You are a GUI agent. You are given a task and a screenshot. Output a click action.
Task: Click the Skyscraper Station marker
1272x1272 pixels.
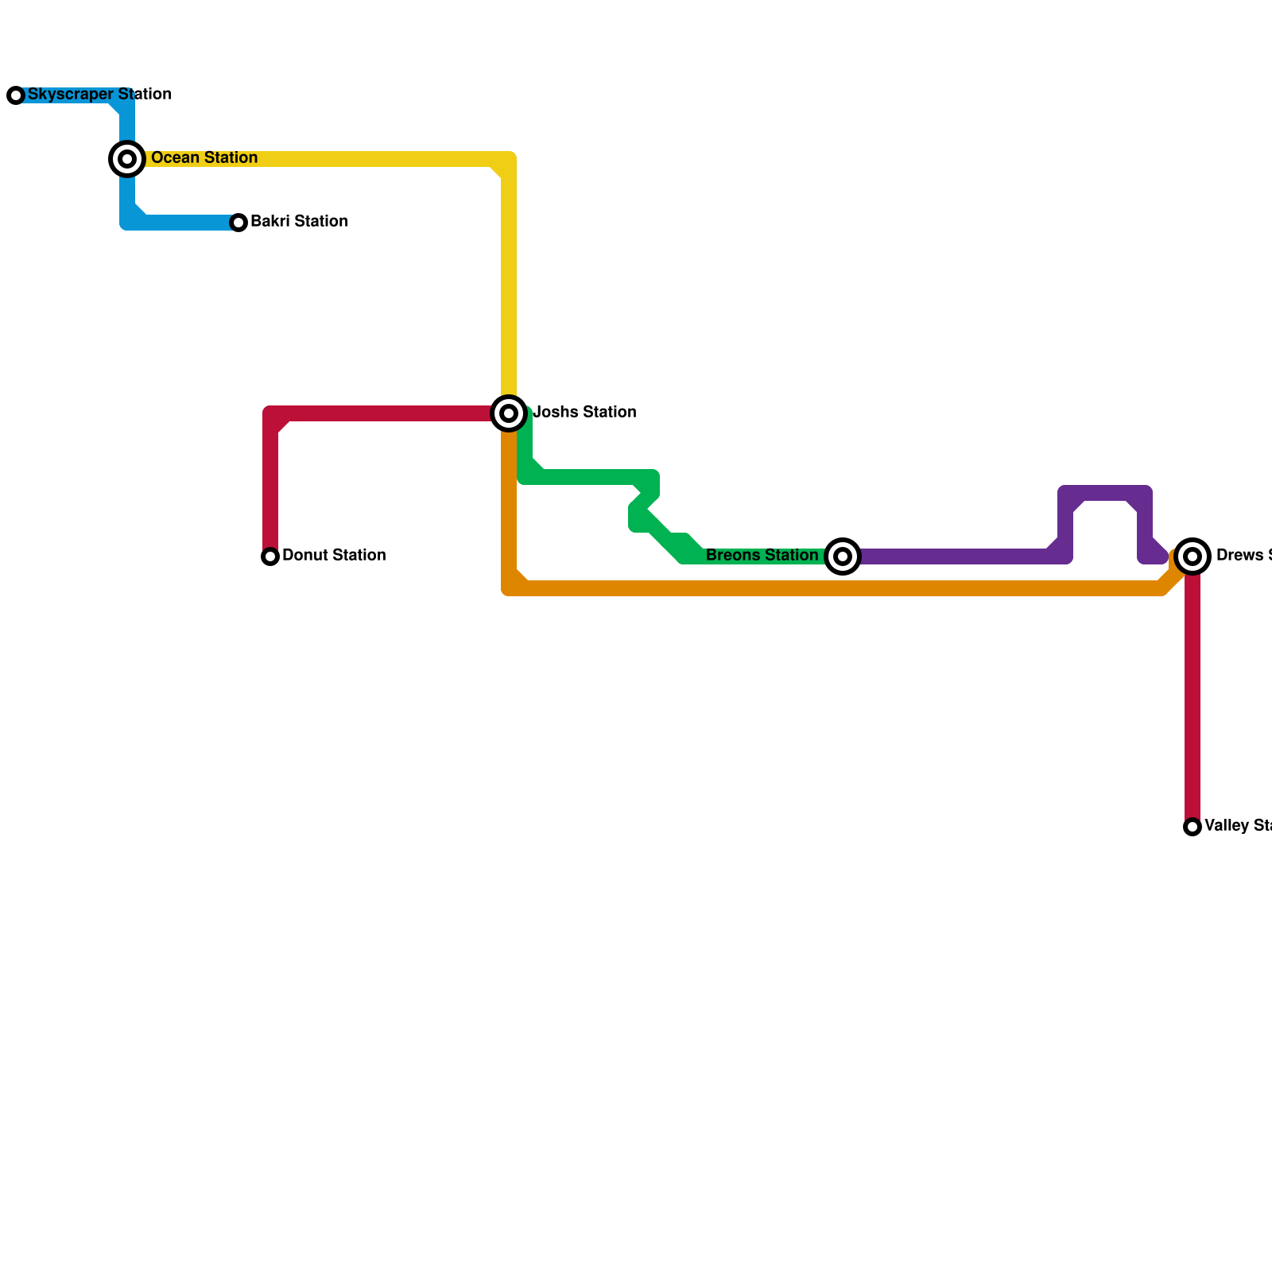click(16, 95)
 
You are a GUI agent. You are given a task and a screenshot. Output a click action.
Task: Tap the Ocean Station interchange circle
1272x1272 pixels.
click(127, 159)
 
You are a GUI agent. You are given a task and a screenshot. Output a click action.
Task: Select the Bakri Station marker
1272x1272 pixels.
click(238, 223)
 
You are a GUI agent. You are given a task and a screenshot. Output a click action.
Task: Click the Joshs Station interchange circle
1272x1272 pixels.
click(509, 413)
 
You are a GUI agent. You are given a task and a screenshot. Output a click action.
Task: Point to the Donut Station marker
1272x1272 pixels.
click(270, 556)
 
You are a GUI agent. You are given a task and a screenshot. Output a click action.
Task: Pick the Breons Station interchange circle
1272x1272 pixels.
click(843, 556)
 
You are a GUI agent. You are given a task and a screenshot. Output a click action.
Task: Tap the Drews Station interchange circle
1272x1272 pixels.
click(1192, 556)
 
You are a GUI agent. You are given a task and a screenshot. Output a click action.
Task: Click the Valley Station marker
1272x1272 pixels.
click(1192, 827)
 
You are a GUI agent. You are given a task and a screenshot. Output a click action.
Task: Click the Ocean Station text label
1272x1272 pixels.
click(204, 158)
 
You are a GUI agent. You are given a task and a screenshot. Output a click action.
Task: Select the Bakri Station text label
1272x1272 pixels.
click(299, 222)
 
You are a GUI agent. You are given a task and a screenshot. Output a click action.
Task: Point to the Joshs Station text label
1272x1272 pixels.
click(584, 413)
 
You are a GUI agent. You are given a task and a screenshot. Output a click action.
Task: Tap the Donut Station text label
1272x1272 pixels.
click(334, 556)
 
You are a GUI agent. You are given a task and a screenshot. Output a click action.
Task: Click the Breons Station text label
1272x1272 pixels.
click(762, 556)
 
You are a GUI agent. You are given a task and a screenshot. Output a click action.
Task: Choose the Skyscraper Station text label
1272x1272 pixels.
click(99, 95)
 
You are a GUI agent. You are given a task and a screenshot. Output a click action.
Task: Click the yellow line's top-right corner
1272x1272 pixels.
click(509, 159)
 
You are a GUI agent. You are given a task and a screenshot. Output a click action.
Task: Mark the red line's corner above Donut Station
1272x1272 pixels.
click(270, 413)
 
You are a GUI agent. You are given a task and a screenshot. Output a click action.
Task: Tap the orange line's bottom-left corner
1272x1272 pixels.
click(509, 588)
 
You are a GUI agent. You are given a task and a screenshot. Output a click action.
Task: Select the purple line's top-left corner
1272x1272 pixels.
click(1065, 493)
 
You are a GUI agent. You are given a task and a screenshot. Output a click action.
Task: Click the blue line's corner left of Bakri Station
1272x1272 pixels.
click(127, 223)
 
